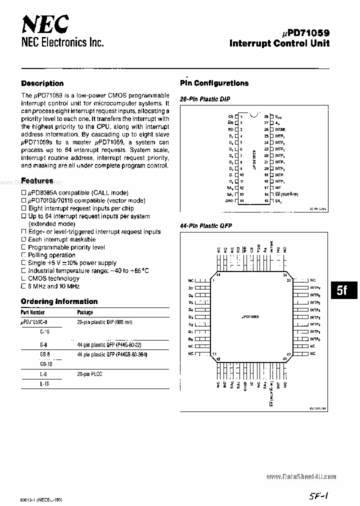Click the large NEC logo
pos(45,23)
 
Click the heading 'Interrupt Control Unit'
pos(279,43)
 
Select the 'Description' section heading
pos(42,83)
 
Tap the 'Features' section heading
pos(37,180)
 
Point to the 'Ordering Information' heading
pos(59,301)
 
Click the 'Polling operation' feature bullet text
pos(51,255)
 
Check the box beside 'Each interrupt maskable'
pos(23,239)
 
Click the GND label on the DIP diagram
pos(229,200)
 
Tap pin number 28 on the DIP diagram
pos(267,116)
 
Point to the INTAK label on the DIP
pos(280,129)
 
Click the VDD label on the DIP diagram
pos(278,116)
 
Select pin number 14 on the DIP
pos(242,200)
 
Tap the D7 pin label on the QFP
pos(190,288)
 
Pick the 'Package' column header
pos(85,312)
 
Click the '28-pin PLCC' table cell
pos(90,374)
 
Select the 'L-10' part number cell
pos(44,383)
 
